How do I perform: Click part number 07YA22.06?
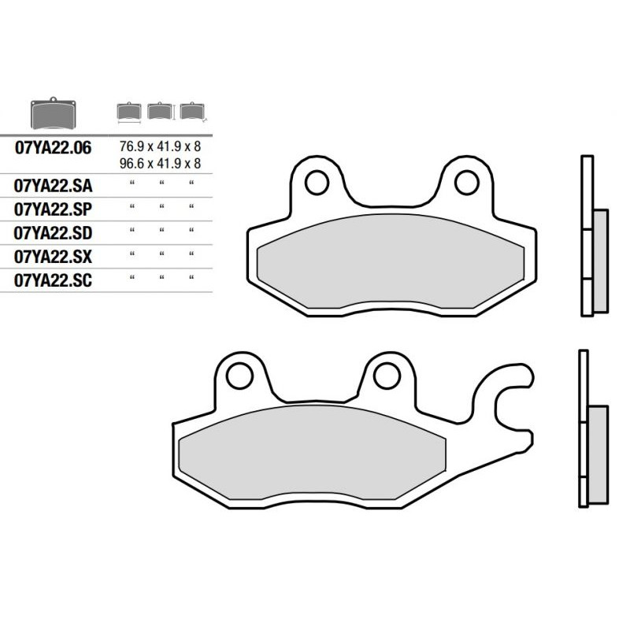click(x=53, y=148)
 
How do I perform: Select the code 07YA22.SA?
click(x=53, y=186)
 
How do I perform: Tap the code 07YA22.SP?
click(x=53, y=209)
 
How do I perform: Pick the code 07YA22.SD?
click(x=53, y=233)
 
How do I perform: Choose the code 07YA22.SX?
click(x=53, y=257)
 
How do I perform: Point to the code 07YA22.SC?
click(x=53, y=280)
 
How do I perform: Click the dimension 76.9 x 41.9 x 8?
click(x=160, y=146)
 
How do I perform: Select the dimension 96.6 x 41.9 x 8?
click(x=160, y=164)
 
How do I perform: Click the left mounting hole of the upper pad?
click(x=317, y=183)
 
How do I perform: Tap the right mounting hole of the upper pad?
click(x=466, y=183)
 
